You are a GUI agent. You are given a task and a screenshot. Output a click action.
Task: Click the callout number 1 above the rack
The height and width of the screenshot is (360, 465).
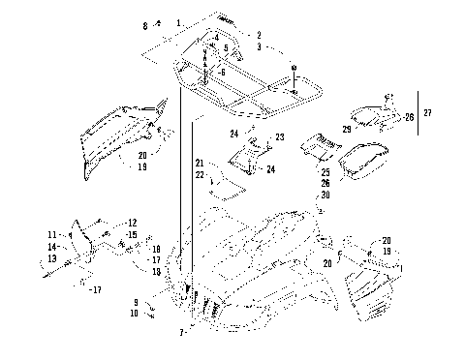point(178,21)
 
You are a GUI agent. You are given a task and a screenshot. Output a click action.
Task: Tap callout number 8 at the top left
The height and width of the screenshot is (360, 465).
point(145,24)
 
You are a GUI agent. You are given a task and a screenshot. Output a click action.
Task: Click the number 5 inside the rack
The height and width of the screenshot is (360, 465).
point(226,47)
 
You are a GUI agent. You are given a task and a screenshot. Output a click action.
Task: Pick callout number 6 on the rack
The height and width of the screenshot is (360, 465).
point(222,74)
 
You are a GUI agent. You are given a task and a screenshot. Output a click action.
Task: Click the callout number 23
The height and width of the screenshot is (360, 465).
point(279,137)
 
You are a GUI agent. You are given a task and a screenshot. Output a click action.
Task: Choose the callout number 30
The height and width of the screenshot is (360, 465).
point(325,194)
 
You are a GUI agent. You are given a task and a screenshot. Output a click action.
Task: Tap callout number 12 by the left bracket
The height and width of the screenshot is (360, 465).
point(133,223)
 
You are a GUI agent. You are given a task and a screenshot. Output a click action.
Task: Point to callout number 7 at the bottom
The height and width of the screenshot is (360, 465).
point(183,333)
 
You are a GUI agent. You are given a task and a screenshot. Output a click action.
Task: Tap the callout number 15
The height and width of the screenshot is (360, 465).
point(133,234)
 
